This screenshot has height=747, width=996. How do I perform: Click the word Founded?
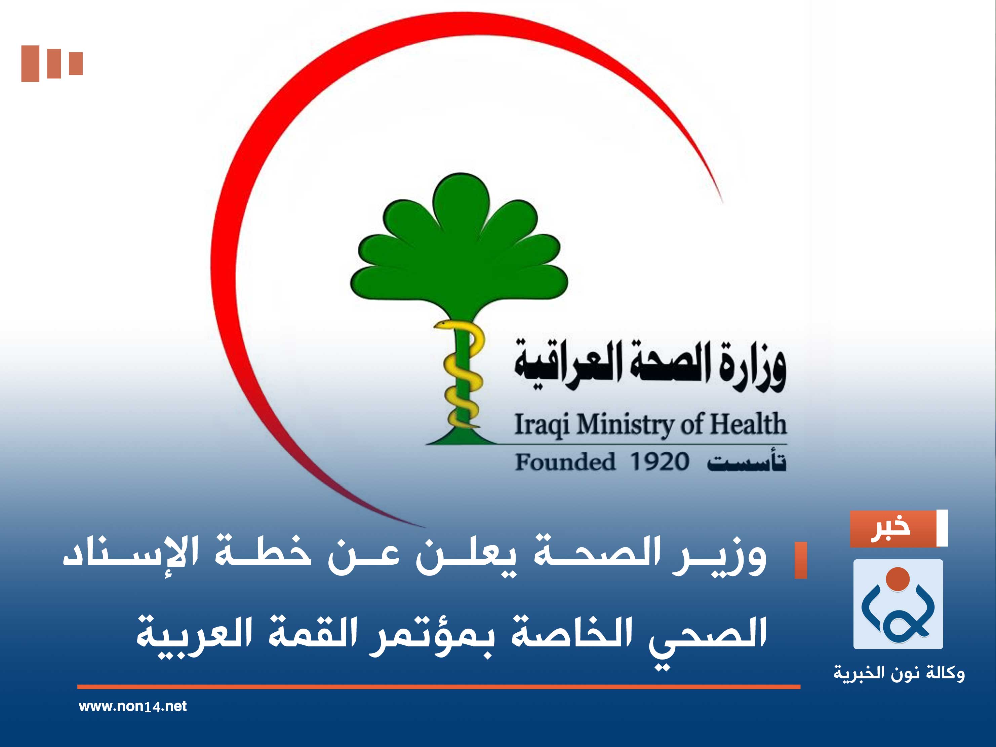(x=565, y=462)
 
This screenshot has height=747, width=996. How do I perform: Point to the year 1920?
(x=659, y=462)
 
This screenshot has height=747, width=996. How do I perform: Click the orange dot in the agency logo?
(x=898, y=579)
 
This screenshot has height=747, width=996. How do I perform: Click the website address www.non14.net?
(x=132, y=706)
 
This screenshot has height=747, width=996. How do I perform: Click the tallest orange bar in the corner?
(x=30, y=64)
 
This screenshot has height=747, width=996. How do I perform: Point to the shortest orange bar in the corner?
(x=76, y=64)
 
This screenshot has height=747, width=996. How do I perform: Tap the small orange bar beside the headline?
(x=801, y=560)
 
